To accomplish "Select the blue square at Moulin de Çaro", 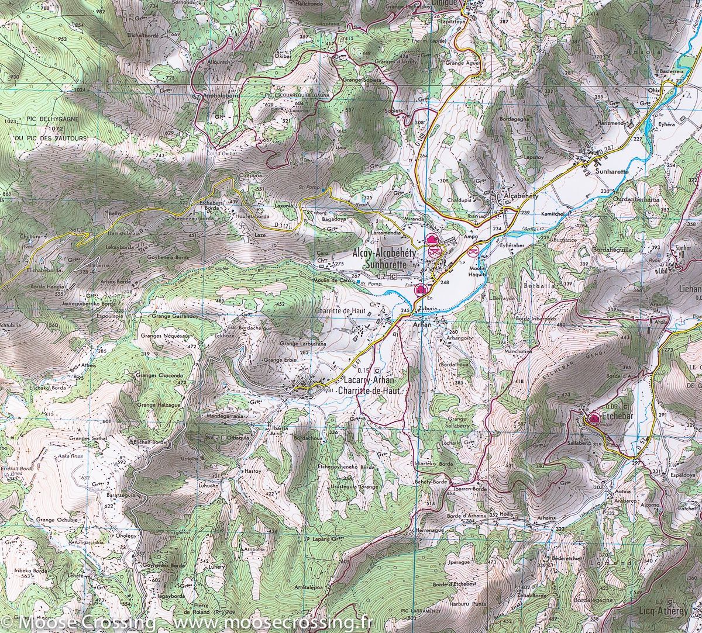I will (x=357, y=282).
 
